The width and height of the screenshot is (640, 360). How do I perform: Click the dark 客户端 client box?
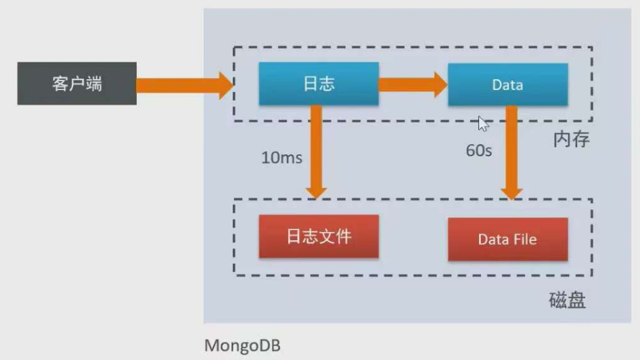[x=76, y=84]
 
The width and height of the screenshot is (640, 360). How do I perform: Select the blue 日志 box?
[x=318, y=84]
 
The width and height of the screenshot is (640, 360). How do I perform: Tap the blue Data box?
[x=507, y=85]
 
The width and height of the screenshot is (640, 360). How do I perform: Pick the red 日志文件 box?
[x=318, y=237]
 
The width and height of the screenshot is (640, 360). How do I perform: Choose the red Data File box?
[x=507, y=239]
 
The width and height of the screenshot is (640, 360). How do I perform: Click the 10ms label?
[x=281, y=158]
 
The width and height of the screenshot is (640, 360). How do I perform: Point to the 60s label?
[x=478, y=150]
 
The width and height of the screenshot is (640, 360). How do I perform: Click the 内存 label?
[x=572, y=139]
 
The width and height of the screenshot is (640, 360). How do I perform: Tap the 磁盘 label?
[x=567, y=300]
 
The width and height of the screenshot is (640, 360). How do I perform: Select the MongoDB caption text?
[x=242, y=346]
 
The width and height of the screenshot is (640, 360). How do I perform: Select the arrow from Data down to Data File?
[x=512, y=152]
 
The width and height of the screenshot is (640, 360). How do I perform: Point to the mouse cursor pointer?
[x=482, y=123]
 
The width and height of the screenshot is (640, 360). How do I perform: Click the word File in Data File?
[x=525, y=239]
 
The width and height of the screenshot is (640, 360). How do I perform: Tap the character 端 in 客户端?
[x=95, y=84]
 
